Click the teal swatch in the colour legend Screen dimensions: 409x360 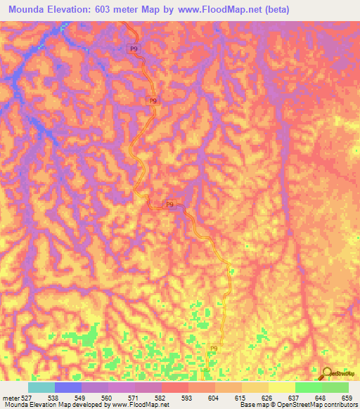click(41, 387)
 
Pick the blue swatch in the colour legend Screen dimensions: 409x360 click(68, 387)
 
